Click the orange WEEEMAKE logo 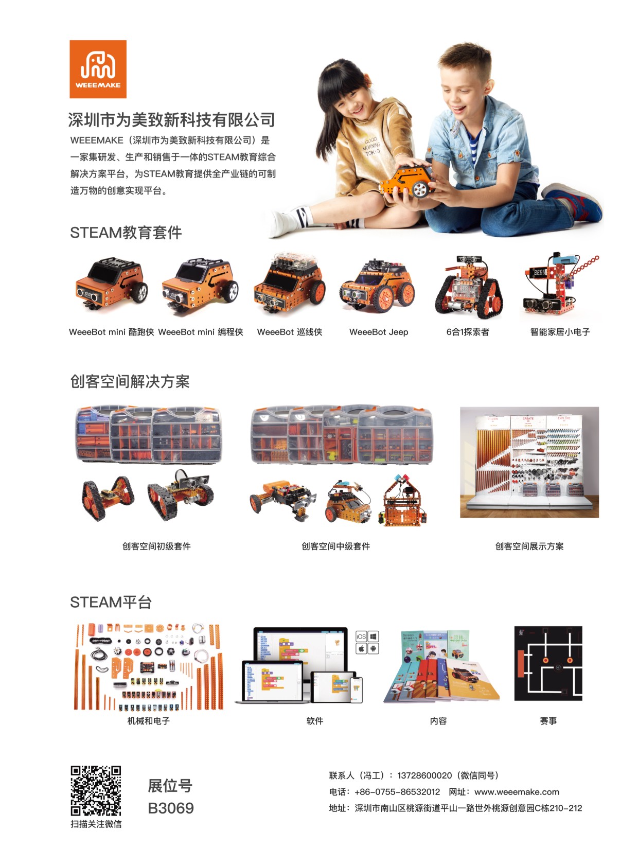(x=98, y=69)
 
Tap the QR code (x=96, y=790)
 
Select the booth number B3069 (x=170, y=808)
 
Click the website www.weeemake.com (x=517, y=792)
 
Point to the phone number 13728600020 (x=424, y=775)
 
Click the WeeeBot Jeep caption (x=379, y=332)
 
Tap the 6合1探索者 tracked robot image (x=469, y=286)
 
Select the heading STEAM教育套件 (x=126, y=233)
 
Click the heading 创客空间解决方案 (x=130, y=382)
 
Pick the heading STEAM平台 (x=111, y=603)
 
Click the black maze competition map (x=548, y=663)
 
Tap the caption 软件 (x=315, y=721)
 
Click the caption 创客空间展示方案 (x=529, y=546)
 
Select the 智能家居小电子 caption (x=560, y=332)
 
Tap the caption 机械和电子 (x=149, y=721)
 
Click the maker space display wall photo (x=529, y=462)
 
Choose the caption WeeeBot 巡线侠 (x=290, y=332)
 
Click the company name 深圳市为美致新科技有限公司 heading (x=172, y=120)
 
